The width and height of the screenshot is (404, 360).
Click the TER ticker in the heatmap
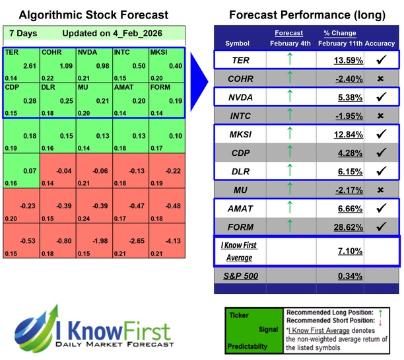(11, 51)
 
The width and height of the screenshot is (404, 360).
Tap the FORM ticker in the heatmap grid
(160, 87)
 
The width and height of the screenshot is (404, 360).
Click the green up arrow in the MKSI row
(288, 134)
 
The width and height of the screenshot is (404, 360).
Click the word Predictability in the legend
(248, 345)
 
